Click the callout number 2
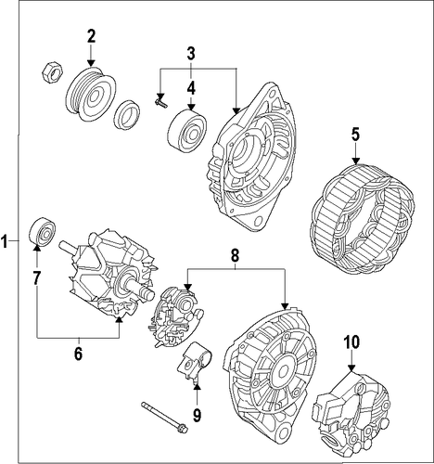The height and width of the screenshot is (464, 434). point(91,36)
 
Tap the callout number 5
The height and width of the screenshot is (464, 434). point(355,135)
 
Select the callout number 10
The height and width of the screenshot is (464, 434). point(351,342)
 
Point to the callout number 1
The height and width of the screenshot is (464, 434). point(5,241)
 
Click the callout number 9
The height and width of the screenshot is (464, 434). point(197,415)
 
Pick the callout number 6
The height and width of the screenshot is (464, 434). point(78,354)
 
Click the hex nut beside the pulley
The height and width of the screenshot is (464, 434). point(52,72)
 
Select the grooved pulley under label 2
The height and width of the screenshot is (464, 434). point(91,94)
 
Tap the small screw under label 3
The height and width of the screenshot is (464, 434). point(160,102)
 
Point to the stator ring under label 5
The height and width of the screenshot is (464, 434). point(362,219)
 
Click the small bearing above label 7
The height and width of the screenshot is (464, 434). point(43,232)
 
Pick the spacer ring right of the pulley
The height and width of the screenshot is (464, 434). point(127,114)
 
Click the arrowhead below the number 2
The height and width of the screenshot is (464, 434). point(91,63)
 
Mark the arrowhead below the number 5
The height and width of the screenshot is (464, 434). point(356,161)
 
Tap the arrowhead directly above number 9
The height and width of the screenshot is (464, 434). point(197,385)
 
